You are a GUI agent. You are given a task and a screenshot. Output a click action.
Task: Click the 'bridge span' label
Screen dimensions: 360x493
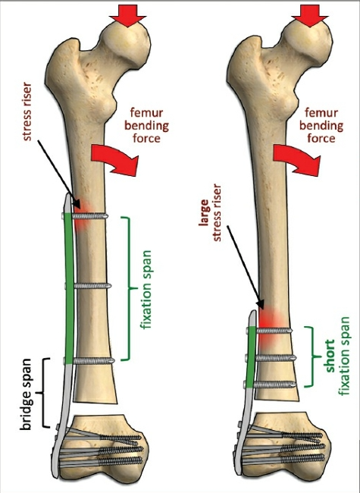(26, 394)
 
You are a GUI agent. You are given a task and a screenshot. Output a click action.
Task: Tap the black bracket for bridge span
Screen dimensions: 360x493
(43, 393)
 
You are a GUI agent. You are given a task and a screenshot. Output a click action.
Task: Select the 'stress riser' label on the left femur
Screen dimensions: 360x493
(27, 111)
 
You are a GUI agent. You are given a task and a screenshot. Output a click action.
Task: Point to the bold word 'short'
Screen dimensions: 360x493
(330, 356)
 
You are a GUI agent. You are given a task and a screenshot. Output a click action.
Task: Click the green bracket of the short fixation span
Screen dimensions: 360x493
(312, 356)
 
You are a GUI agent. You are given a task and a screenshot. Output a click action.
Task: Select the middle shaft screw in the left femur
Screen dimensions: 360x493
(88, 286)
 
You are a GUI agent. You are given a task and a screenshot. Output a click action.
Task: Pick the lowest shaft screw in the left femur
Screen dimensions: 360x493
(89, 360)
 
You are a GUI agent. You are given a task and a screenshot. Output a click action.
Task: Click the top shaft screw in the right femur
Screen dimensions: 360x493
(269, 331)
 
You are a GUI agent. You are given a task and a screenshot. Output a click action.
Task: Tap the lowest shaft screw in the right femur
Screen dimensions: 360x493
(270, 384)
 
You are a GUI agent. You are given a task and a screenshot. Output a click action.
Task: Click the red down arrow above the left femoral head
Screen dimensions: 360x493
(128, 16)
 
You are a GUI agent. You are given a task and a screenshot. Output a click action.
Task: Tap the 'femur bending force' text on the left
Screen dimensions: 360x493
(146, 125)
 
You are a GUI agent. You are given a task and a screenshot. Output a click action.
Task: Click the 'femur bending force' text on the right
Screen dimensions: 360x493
(321, 125)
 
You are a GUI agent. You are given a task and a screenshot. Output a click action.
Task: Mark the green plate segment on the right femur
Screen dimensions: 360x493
(252, 357)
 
